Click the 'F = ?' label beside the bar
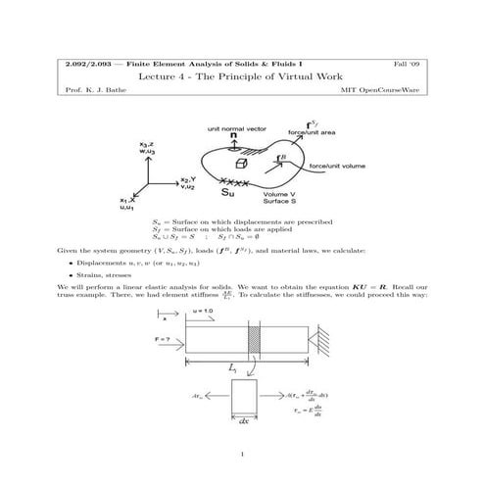[x=166, y=338]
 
